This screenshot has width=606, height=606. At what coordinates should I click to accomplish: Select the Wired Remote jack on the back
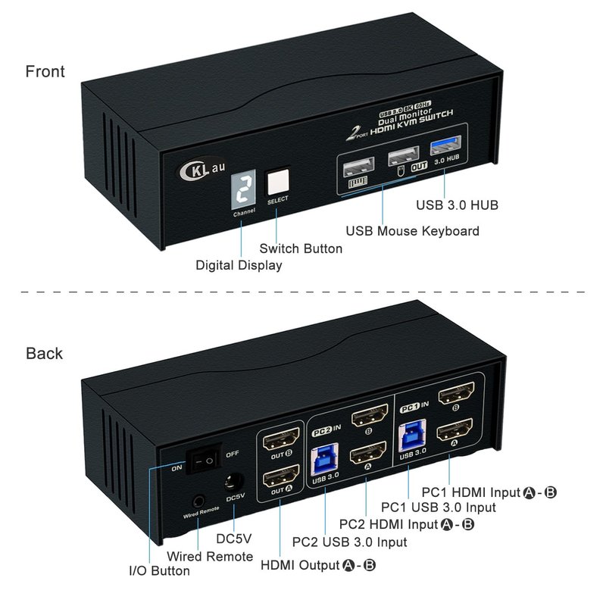click(x=198, y=500)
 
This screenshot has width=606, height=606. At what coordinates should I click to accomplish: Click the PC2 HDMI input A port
click(x=367, y=456)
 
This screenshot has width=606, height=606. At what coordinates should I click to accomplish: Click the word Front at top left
click(x=45, y=72)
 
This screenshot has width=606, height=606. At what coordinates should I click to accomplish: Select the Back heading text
click(x=44, y=354)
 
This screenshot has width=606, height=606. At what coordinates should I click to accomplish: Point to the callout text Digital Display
click(x=239, y=265)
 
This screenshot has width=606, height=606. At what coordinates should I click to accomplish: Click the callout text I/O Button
click(x=159, y=570)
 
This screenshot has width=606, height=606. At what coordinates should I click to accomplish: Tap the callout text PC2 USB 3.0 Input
click(x=349, y=542)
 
